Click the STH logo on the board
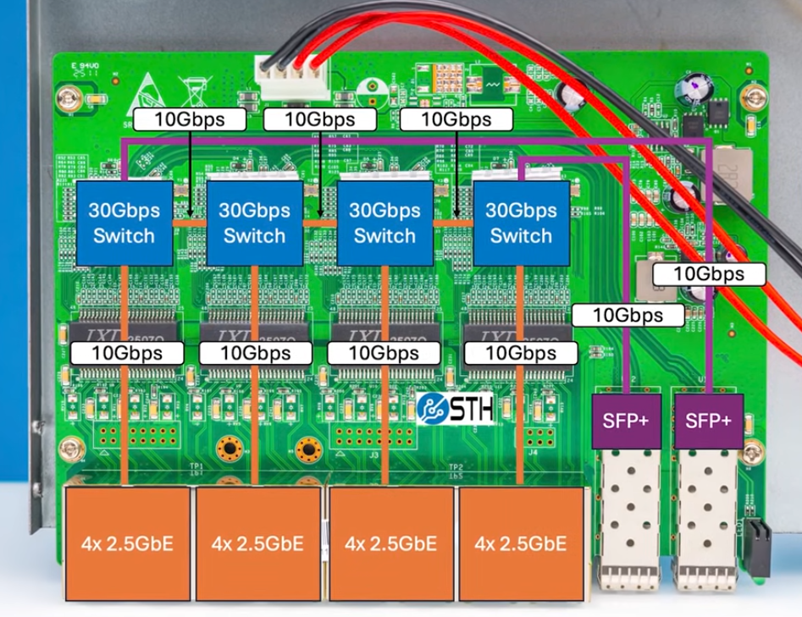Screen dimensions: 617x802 [455, 406]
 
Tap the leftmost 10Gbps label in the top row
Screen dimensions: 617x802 [190, 119]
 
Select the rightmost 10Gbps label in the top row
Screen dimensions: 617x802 [456, 119]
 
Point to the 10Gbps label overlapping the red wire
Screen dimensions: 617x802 [710, 273]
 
